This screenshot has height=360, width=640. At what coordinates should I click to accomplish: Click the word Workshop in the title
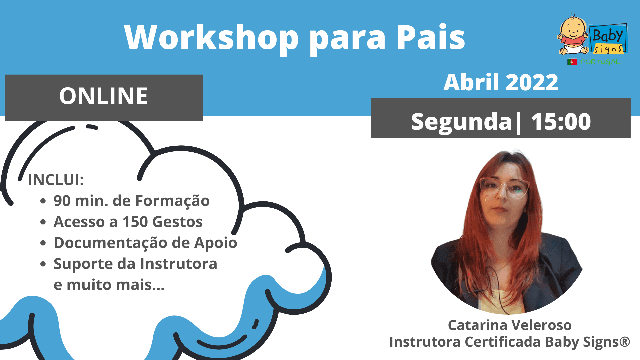point(211,37)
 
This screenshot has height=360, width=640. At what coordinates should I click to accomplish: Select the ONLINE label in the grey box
point(103,96)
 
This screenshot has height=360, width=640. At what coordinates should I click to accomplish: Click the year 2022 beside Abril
point(532,82)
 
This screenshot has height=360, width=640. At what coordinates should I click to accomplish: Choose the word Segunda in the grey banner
point(462,122)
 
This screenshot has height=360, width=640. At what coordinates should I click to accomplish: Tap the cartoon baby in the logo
point(572,34)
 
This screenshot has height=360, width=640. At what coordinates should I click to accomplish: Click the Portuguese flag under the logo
point(572,62)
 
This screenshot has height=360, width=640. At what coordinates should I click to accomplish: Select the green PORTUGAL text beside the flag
point(600,62)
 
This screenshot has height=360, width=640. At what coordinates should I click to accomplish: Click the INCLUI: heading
point(56,180)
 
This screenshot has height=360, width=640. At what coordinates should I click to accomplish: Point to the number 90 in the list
point(62,201)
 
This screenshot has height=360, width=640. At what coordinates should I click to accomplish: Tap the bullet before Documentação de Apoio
point(43,243)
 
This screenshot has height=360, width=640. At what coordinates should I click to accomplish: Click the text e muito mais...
point(109,285)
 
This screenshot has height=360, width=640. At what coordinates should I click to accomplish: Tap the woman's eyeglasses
point(504,187)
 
